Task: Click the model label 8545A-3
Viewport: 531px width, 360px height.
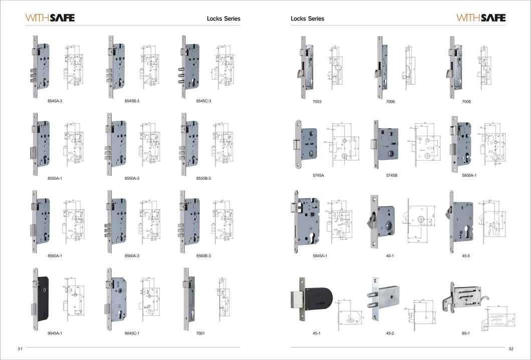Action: click(x=55, y=101)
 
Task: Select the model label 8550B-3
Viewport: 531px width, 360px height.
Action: click(x=203, y=179)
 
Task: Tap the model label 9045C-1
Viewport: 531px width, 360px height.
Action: click(x=132, y=333)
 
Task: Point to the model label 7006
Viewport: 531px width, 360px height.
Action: click(x=390, y=102)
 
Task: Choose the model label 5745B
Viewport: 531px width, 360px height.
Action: click(x=392, y=176)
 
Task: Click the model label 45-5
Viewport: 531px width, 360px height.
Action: click(x=466, y=256)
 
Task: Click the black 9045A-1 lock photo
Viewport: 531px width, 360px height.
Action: click(x=41, y=295)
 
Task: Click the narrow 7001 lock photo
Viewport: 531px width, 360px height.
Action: click(x=189, y=299)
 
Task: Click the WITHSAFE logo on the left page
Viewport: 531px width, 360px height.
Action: click(x=50, y=18)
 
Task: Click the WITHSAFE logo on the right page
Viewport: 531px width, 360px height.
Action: click(x=481, y=18)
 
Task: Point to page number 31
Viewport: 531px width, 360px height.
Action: click(x=21, y=348)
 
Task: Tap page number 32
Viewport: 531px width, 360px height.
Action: click(x=510, y=349)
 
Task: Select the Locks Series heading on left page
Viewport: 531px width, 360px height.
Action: click(x=223, y=19)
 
